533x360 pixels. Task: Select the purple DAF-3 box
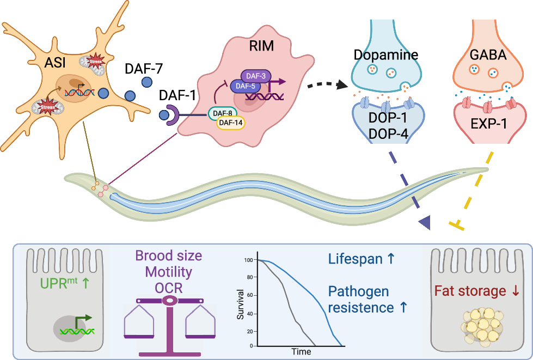pyautogui.click(x=252, y=76)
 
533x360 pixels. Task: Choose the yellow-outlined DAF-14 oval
pyautogui.click(x=231, y=123)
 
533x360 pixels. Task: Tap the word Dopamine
pyautogui.click(x=385, y=55)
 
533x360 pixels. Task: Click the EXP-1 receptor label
pyautogui.click(x=488, y=124)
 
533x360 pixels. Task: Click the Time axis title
pyautogui.click(x=301, y=351)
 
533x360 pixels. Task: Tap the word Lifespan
pyautogui.click(x=356, y=260)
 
